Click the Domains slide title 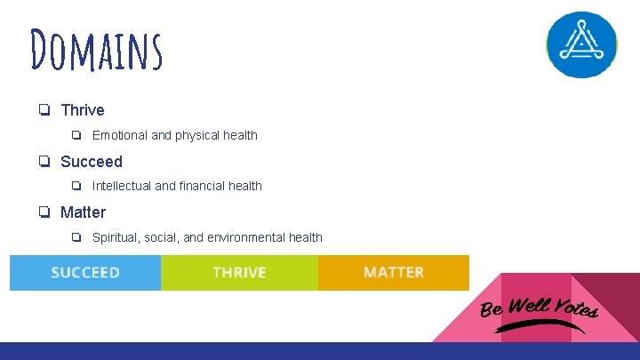[96, 50]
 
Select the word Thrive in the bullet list [83, 110]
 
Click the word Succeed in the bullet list [92, 162]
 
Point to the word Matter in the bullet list [83, 212]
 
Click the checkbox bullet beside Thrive [43, 110]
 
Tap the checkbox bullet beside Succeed [43, 162]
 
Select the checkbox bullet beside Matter [43, 212]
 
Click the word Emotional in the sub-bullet [120, 136]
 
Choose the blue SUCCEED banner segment [85, 273]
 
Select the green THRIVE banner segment [239, 273]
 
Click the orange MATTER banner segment [394, 273]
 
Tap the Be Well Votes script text [539, 307]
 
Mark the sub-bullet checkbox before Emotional [76, 136]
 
